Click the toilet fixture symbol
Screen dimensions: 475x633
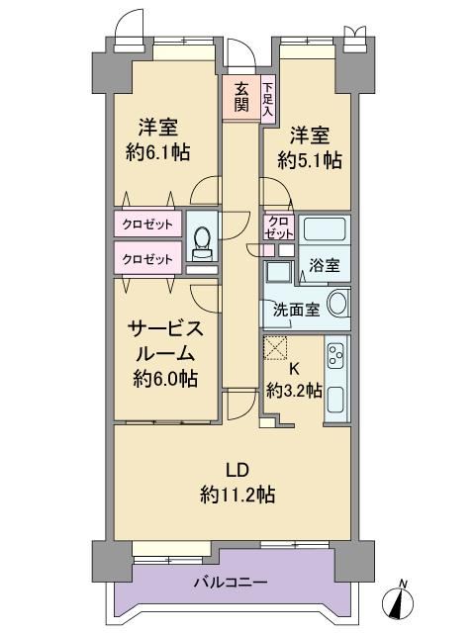[x=202, y=243]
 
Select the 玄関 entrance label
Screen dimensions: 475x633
[x=241, y=97]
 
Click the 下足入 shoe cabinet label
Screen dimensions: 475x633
[x=267, y=99]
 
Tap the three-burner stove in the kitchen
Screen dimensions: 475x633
[x=335, y=356]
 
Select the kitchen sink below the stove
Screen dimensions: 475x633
[x=335, y=400]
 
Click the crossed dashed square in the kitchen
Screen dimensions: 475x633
[x=275, y=347]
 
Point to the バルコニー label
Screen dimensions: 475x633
[x=231, y=583]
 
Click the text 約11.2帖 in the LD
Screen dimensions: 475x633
[x=237, y=495]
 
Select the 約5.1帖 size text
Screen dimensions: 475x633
[x=310, y=160]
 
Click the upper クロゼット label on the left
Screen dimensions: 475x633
[x=147, y=224]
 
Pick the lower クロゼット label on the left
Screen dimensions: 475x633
[x=147, y=259]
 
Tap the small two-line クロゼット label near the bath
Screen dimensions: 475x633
[x=279, y=227]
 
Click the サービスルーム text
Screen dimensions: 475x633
[x=165, y=341]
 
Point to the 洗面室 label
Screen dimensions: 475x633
[x=297, y=310]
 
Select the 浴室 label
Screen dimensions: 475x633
[x=325, y=265]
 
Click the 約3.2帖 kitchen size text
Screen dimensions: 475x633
[x=294, y=390]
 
